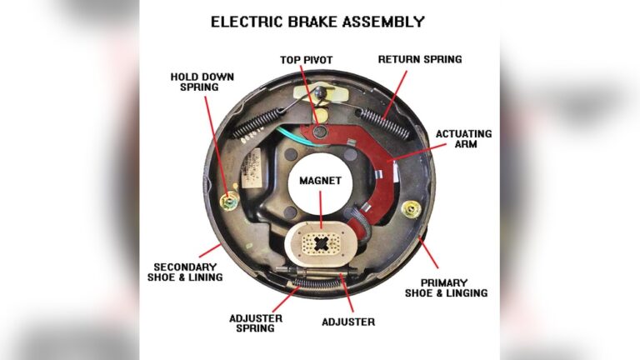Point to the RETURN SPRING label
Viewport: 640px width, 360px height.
(x=420, y=60)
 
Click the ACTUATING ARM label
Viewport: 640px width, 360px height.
(x=463, y=139)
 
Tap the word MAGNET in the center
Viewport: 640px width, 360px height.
(x=319, y=179)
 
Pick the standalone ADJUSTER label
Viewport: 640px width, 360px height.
(x=348, y=322)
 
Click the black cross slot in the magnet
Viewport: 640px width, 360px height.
(x=320, y=245)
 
